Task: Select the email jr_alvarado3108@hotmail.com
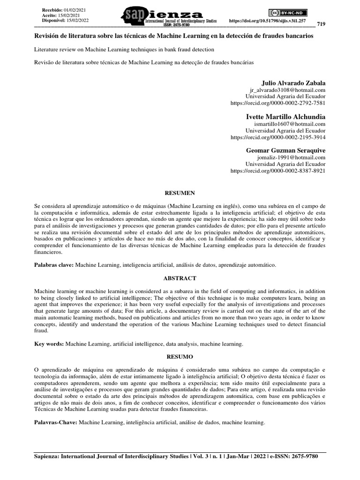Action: (x=289, y=90)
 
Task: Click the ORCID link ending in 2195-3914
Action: (x=278, y=137)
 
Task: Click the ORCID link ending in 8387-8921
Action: (x=278, y=171)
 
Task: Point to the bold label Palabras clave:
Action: (x=54, y=265)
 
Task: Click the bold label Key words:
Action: (x=49, y=344)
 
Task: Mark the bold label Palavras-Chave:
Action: (x=56, y=422)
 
